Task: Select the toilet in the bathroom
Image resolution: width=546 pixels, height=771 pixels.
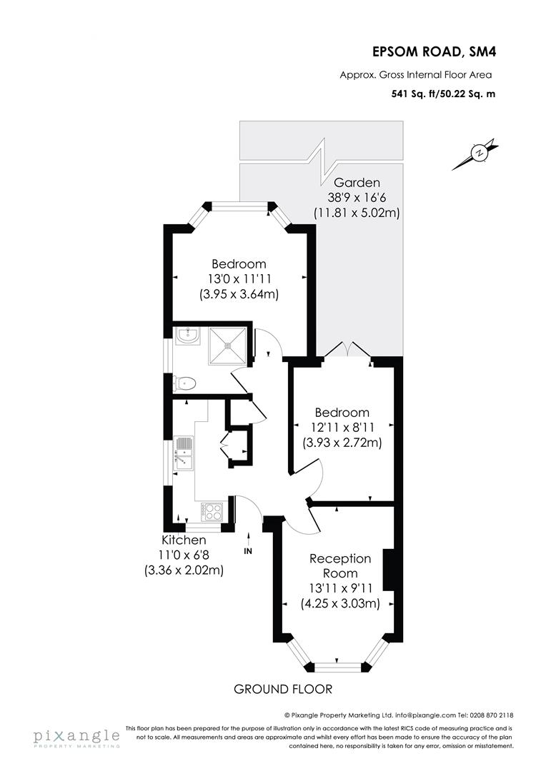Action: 185,383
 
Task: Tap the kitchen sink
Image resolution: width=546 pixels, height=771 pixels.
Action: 184,455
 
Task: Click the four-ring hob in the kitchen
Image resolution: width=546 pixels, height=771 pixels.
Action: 212,511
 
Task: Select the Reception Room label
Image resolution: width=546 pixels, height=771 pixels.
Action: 339,565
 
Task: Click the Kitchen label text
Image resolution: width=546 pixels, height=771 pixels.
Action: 184,540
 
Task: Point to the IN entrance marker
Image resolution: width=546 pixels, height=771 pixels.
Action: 248,551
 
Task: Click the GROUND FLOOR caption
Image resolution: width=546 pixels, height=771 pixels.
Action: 283,689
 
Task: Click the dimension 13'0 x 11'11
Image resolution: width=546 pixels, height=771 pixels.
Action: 239,278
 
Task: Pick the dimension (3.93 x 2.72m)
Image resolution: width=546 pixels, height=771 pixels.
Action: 342,443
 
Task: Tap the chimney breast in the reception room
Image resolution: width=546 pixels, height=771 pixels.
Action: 389,570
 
